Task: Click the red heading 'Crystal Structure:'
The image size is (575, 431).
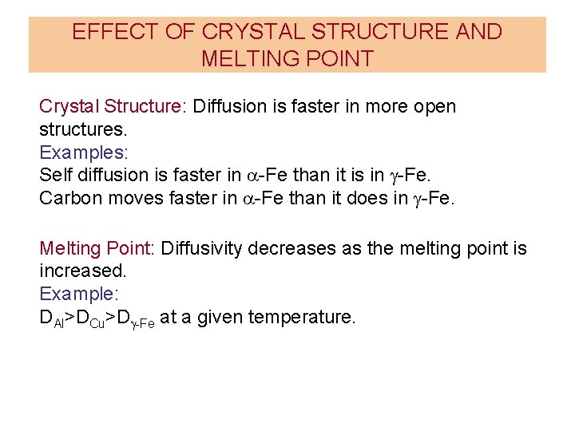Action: click(x=113, y=107)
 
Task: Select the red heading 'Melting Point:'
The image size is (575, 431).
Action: click(x=97, y=249)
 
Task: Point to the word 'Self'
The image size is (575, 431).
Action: click(x=54, y=175)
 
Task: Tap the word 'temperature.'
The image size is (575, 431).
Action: click(x=302, y=318)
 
